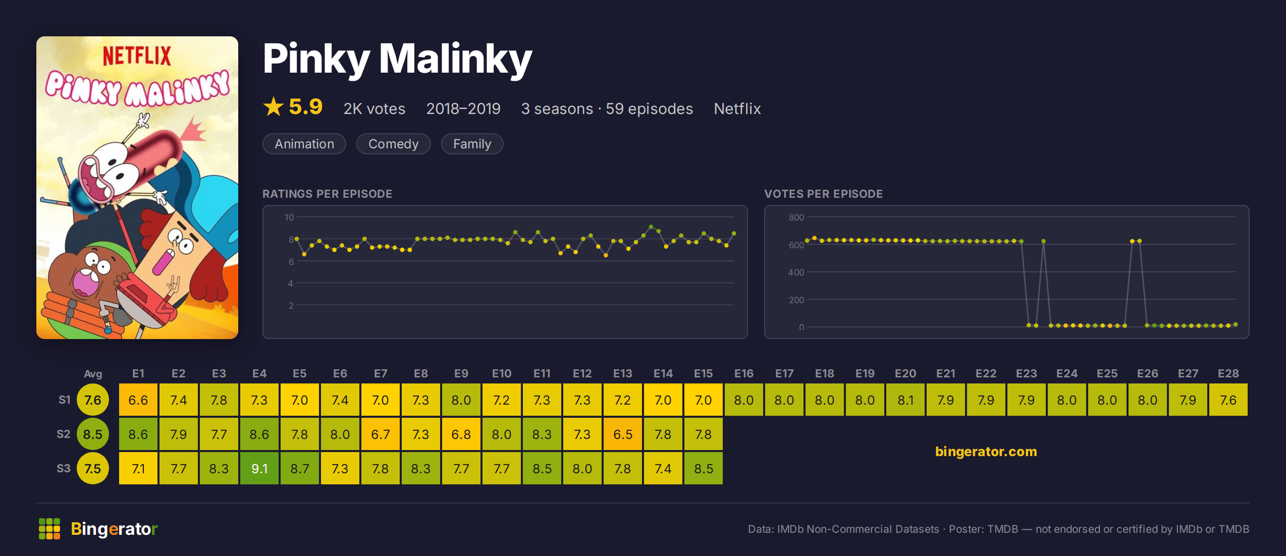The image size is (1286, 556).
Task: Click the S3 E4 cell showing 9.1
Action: (259, 468)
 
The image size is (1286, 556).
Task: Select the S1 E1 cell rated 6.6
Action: (138, 400)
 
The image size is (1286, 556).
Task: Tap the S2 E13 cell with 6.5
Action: (623, 434)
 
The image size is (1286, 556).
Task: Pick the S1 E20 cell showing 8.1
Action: (905, 400)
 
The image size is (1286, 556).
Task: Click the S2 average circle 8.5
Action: (93, 434)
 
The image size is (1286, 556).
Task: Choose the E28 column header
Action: (1228, 373)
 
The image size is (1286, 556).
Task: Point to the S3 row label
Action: (64, 468)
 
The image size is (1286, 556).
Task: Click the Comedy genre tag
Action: (394, 144)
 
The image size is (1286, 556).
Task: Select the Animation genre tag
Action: (304, 144)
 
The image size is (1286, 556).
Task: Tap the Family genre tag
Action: (472, 144)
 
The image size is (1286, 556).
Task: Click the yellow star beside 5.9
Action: (274, 106)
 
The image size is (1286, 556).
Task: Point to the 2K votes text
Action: (374, 108)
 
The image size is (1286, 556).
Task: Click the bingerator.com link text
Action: (986, 451)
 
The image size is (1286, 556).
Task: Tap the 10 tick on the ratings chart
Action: (289, 217)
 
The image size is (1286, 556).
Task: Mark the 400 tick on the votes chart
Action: (796, 272)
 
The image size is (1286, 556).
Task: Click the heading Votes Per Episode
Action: (824, 194)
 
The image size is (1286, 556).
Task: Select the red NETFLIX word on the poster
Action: (137, 55)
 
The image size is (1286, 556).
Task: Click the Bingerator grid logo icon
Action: (49, 529)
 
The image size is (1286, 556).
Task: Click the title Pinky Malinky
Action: (398, 60)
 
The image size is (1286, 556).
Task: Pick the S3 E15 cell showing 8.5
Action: (704, 468)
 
